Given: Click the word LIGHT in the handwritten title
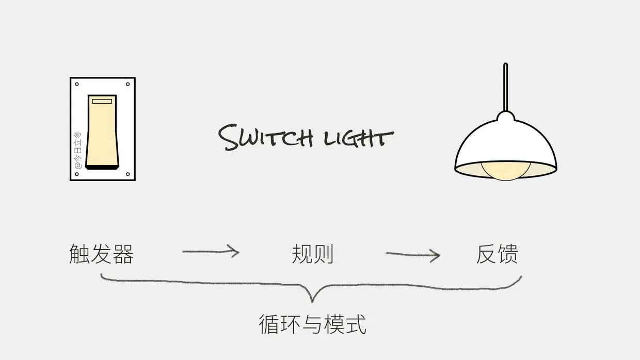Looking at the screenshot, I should click(x=358, y=138).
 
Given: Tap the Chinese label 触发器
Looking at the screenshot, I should click(x=102, y=254).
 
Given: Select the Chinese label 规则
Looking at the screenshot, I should click(x=312, y=254).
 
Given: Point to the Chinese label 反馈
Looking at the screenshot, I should click(x=497, y=254).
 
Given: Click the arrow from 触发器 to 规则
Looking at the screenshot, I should click(x=211, y=252).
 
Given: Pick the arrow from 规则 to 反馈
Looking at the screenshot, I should click(x=413, y=254).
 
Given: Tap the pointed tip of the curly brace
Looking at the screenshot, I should click(x=312, y=300).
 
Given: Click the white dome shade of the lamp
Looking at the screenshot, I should click(x=505, y=142).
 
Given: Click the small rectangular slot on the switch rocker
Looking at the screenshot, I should click(x=102, y=102).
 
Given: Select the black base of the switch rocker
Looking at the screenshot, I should click(x=102, y=166).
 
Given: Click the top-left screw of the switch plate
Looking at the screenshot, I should click(x=77, y=84).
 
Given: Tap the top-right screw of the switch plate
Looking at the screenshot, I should click(x=127, y=84).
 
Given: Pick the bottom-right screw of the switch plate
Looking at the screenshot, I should click(x=127, y=174).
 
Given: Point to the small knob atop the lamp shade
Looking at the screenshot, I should click(x=505, y=116).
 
